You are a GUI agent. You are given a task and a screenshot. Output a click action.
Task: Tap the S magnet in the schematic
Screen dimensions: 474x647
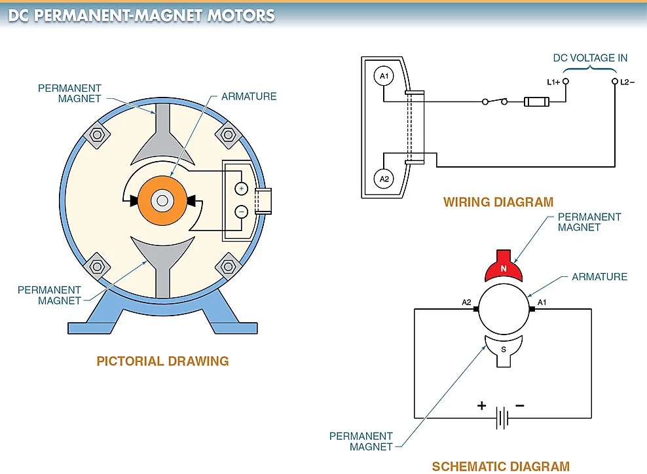[503, 347]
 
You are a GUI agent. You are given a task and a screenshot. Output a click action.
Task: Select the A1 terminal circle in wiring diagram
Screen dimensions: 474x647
[384, 77]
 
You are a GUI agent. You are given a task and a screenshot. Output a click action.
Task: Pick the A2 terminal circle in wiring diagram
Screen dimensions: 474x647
[384, 179]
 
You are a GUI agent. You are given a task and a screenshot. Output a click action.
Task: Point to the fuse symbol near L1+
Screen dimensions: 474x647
[536, 101]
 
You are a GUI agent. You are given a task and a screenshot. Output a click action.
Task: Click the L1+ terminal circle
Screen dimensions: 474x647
[566, 82]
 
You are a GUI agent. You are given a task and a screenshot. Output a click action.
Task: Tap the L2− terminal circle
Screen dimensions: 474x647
[615, 82]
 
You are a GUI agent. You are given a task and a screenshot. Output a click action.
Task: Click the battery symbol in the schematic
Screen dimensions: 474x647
[502, 418]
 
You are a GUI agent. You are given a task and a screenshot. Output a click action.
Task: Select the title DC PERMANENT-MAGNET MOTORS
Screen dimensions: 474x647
[141, 15]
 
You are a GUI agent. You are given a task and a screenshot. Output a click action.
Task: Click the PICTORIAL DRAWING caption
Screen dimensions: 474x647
[162, 361]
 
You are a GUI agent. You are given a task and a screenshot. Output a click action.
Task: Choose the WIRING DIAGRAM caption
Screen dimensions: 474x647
[498, 202]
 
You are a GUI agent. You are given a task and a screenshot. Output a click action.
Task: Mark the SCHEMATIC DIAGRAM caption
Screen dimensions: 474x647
[500, 466]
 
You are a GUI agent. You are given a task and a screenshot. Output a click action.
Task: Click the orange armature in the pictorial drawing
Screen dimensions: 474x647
[162, 201]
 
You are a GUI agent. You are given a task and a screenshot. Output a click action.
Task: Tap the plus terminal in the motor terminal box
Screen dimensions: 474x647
[241, 189]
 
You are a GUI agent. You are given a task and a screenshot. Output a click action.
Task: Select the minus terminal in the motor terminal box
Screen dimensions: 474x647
[241, 211]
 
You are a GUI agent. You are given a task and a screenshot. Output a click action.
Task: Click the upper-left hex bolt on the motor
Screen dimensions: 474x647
[97, 136]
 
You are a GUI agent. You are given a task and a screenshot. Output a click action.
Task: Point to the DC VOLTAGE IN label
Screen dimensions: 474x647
[590, 58]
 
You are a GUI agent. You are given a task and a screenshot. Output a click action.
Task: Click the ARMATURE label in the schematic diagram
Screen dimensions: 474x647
[599, 277]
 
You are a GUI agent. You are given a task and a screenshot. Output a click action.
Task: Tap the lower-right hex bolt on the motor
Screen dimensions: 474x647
[228, 266]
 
